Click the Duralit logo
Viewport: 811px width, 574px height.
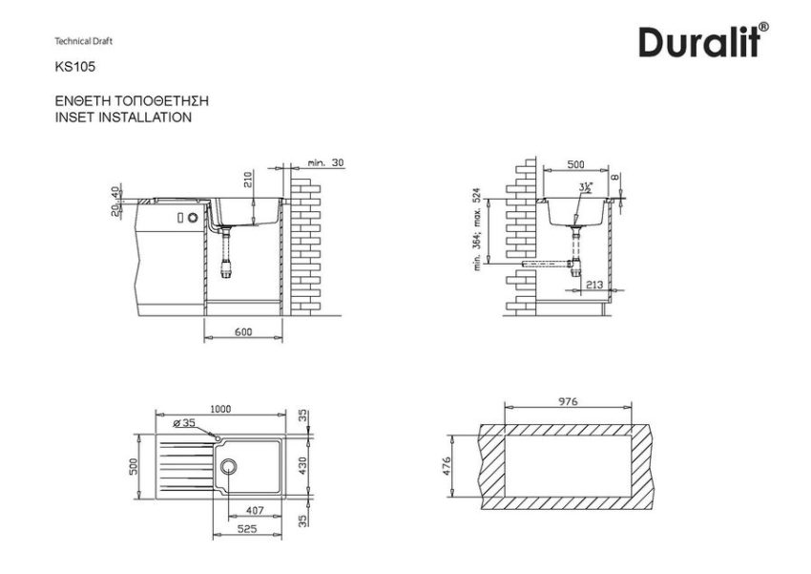pos(704,41)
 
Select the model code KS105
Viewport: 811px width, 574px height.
pos(75,68)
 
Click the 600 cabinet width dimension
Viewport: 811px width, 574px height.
pos(243,331)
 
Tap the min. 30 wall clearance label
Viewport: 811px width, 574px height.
pos(325,163)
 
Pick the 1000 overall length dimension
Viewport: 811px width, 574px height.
pos(219,408)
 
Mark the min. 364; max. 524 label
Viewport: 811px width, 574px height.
pos(476,230)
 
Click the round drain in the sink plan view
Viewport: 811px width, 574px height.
pos(230,466)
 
